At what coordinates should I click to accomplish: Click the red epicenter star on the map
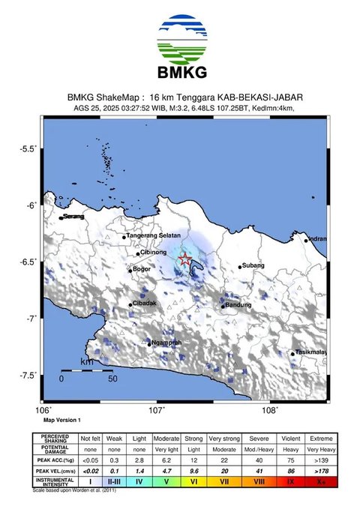tap(185, 259)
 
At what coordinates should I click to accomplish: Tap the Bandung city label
tap(238, 305)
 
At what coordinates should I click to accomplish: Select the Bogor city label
tap(142, 269)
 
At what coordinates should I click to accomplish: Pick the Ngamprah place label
tap(166, 343)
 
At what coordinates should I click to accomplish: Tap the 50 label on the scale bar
tap(112, 379)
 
